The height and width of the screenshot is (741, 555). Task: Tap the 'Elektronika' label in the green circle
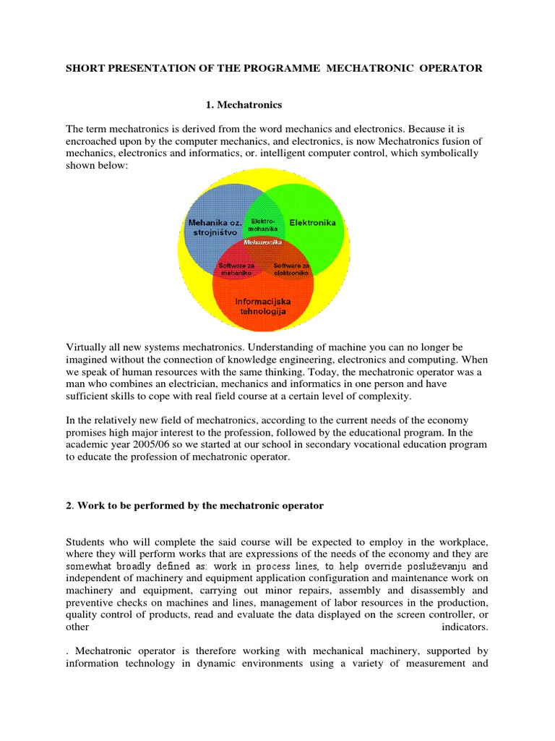coord(312,223)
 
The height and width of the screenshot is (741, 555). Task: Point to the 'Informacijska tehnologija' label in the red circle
coord(263,305)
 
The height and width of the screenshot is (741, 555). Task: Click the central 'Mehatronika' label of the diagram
coord(263,243)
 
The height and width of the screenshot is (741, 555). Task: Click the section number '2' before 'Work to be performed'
coord(68,506)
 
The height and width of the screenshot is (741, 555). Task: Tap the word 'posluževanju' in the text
coord(420,567)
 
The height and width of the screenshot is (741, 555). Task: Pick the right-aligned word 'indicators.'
coord(465,627)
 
